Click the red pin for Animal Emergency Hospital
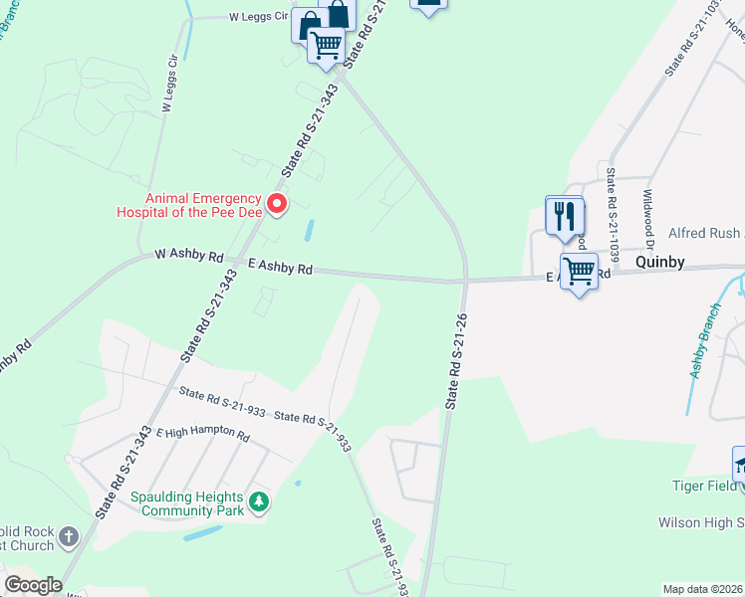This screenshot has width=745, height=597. click(x=278, y=205)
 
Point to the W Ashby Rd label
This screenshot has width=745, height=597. click(x=188, y=256)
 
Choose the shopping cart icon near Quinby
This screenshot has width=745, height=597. click(x=579, y=270)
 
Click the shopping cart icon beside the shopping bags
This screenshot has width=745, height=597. click(x=326, y=46)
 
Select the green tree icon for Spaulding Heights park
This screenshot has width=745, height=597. click(x=259, y=501)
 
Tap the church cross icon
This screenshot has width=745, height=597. click(x=69, y=538)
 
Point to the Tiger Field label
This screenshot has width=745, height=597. click(x=702, y=486)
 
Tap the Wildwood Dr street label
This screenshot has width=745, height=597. click(x=649, y=220)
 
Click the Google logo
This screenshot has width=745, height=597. click(x=33, y=585)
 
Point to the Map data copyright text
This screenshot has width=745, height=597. click(x=703, y=589)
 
